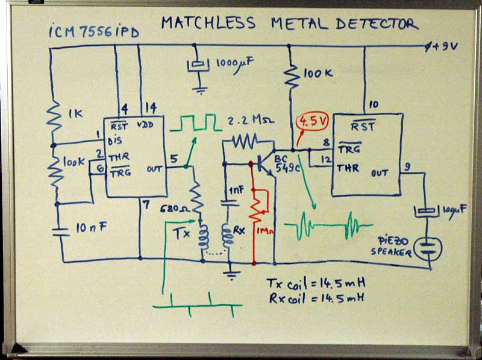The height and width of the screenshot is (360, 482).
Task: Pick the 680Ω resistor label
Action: pos(173,209)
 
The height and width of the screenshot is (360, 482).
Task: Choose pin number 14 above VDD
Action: pos(150,107)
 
